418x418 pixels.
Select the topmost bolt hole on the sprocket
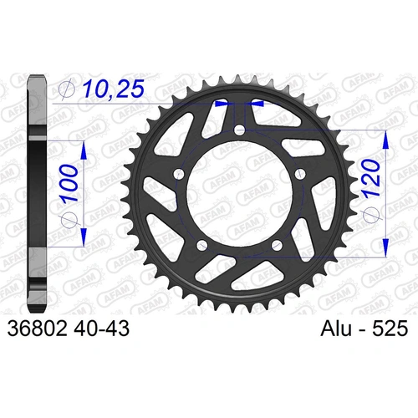point(240,130)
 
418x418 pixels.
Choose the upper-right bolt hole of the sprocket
point(299,174)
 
